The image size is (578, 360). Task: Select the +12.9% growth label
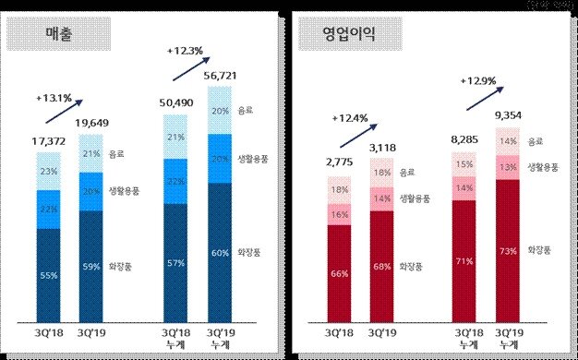(x=478, y=82)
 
